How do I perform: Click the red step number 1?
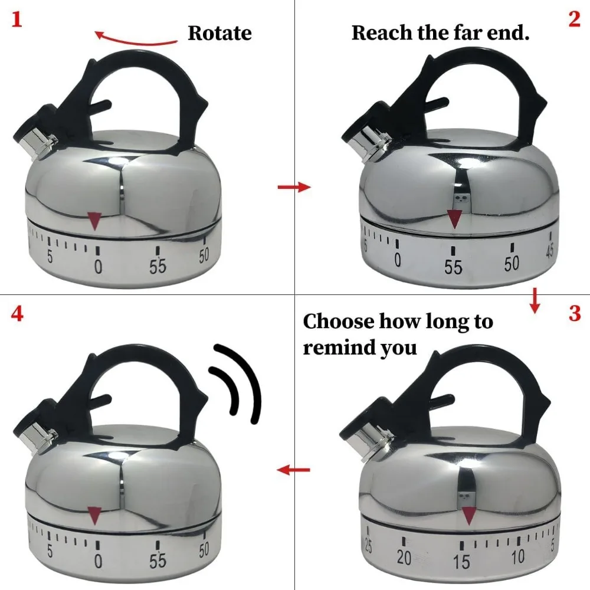coord(17,19)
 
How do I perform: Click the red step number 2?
coord(574,19)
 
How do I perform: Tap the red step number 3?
coord(575,313)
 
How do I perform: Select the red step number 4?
coord(17,313)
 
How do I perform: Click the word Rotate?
coord(219,33)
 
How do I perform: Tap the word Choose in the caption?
coord(339,322)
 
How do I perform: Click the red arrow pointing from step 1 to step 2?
coord(294,186)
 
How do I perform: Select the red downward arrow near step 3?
coord(535,301)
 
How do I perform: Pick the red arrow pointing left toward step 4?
coord(293,470)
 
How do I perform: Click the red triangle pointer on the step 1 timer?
coord(94,221)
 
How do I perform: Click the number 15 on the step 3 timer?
coord(462,562)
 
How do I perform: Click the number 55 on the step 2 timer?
coord(453,267)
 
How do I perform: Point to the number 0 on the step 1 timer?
coord(98,267)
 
